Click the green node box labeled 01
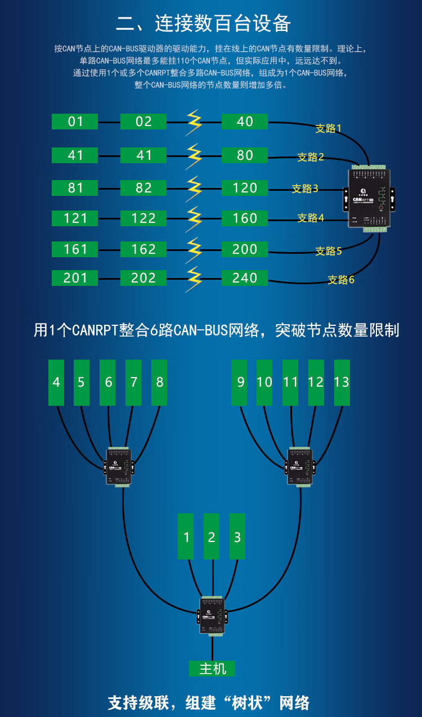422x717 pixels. click(x=75, y=122)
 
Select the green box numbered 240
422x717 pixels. click(x=244, y=278)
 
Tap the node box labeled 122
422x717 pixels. click(x=143, y=218)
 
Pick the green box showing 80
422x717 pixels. click(x=244, y=155)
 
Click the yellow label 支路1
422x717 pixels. click(x=328, y=128)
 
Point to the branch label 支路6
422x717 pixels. click(x=341, y=280)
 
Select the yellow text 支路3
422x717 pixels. click(x=305, y=189)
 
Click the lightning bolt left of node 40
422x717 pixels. click(x=194, y=122)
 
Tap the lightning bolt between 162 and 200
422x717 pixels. click(x=194, y=249)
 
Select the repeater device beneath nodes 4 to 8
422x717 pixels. click(x=119, y=467)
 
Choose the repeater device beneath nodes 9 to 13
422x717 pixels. click(x=299, y=467)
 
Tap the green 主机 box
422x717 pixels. click(x=212, y=669)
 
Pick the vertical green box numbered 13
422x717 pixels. click(x=342, y=383)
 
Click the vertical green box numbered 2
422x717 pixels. click(x=212, y=537)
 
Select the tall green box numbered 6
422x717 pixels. click(x=108, y=383)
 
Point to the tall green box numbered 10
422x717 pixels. click(x=264, y=383)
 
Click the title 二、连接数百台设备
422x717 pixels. click(x=203, y=24)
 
